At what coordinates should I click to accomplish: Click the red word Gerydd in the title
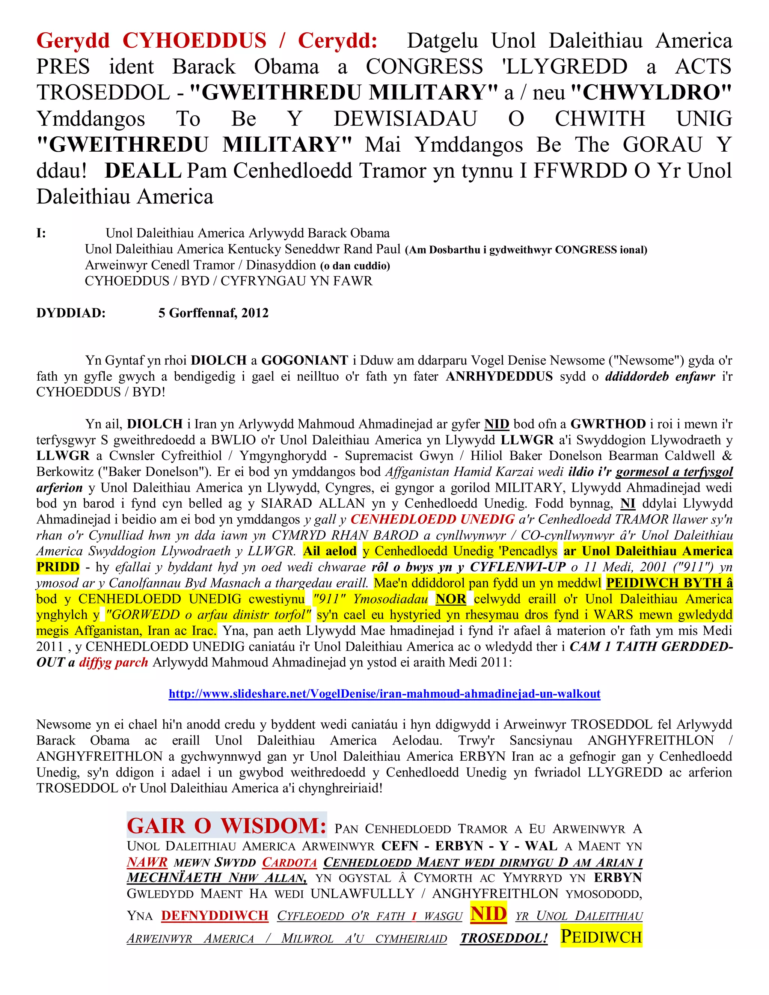click(73, 41)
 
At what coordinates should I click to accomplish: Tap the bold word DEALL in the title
click(143, 171)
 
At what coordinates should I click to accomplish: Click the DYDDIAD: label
click(71, 313)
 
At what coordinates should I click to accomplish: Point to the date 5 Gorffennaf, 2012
click(213, 313)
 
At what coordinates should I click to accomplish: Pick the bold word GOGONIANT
click(304, 360)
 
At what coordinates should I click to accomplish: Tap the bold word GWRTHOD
click(608, 424)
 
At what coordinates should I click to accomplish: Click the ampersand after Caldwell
click(727, 456)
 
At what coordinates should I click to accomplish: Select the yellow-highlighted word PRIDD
click(58, 567)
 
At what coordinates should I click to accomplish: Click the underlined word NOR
click(451, 599)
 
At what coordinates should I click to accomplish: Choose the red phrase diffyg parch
click(113, 663)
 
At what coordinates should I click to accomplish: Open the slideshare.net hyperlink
click(384, 694)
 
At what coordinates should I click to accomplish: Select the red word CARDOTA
click(289, 863)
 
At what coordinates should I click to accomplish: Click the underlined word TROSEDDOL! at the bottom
click(504, 939)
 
